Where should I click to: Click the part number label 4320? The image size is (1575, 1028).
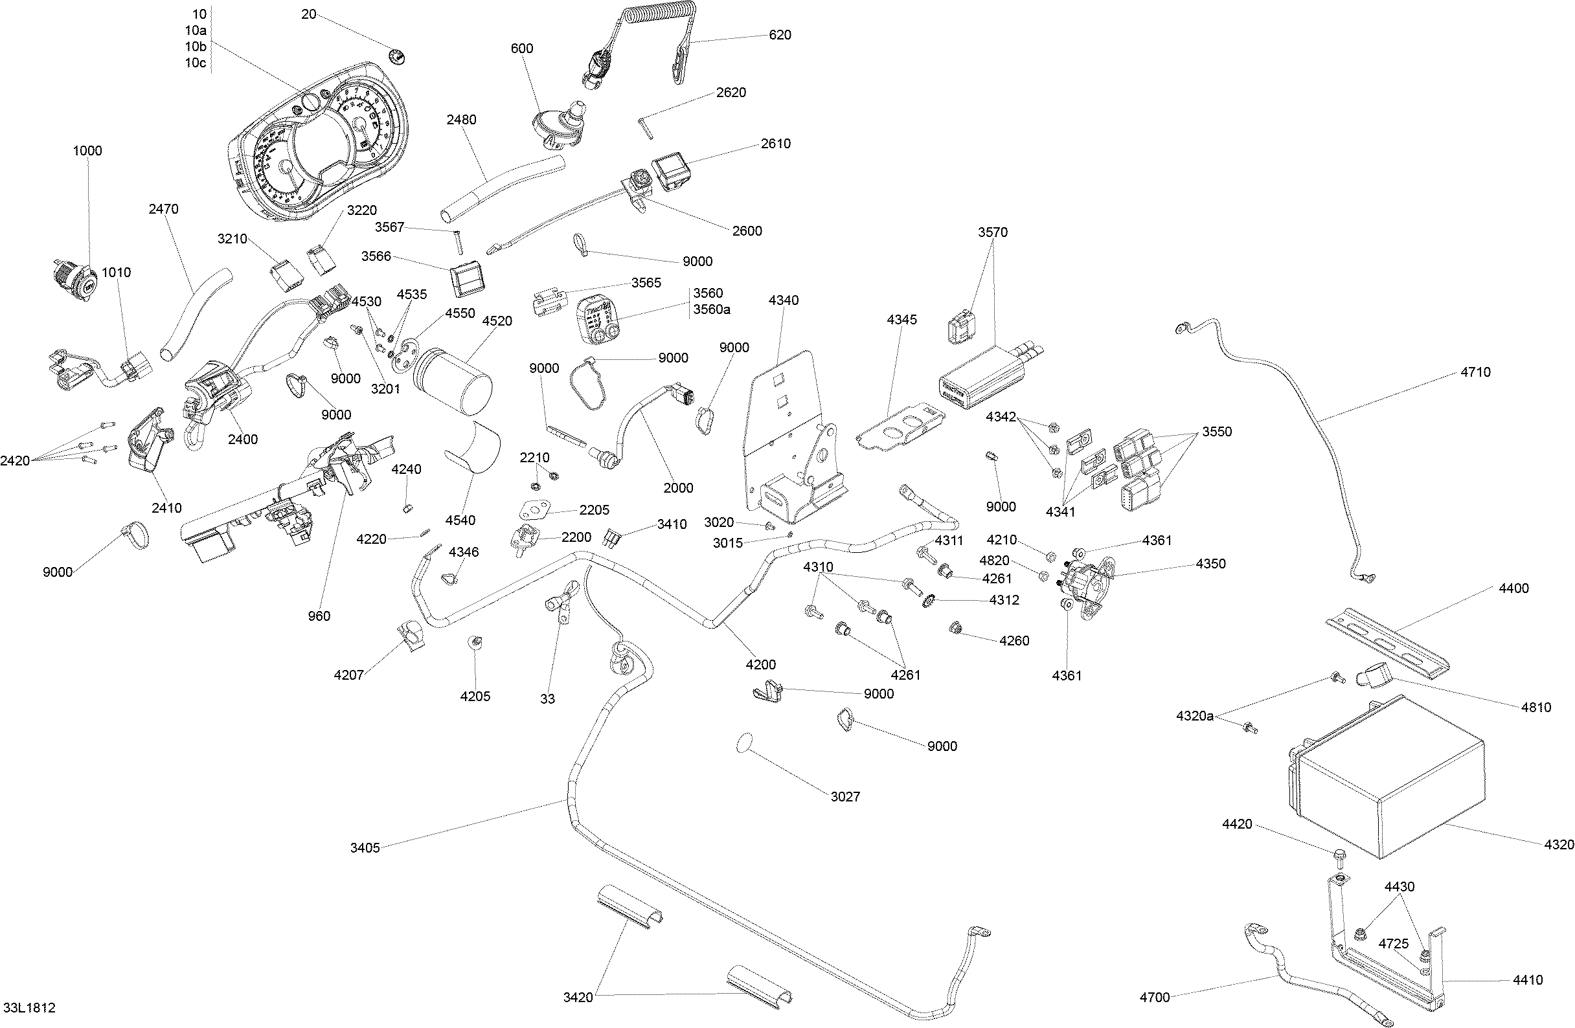(1558, 845)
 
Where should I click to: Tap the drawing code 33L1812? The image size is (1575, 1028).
(29, 1008)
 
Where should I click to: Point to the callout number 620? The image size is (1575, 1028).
(780, 35)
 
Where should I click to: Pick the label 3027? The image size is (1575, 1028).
(845, 796)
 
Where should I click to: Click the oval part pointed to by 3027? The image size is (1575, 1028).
(745, 743)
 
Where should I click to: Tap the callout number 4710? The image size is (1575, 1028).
(1475, 372)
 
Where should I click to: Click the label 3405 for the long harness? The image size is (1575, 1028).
(365, 847)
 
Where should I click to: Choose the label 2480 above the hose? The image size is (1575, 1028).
(460, 120)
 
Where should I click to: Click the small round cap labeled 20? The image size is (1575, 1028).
(398, 58)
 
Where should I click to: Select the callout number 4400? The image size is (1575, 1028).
(1513, 588)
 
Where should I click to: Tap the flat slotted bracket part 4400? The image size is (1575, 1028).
(1387, 642)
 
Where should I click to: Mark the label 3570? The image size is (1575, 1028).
(993, 232)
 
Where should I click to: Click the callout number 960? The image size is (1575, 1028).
(319, 616)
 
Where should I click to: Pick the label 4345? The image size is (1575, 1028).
(901, 320)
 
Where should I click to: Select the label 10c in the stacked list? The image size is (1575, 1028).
(195, 63)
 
